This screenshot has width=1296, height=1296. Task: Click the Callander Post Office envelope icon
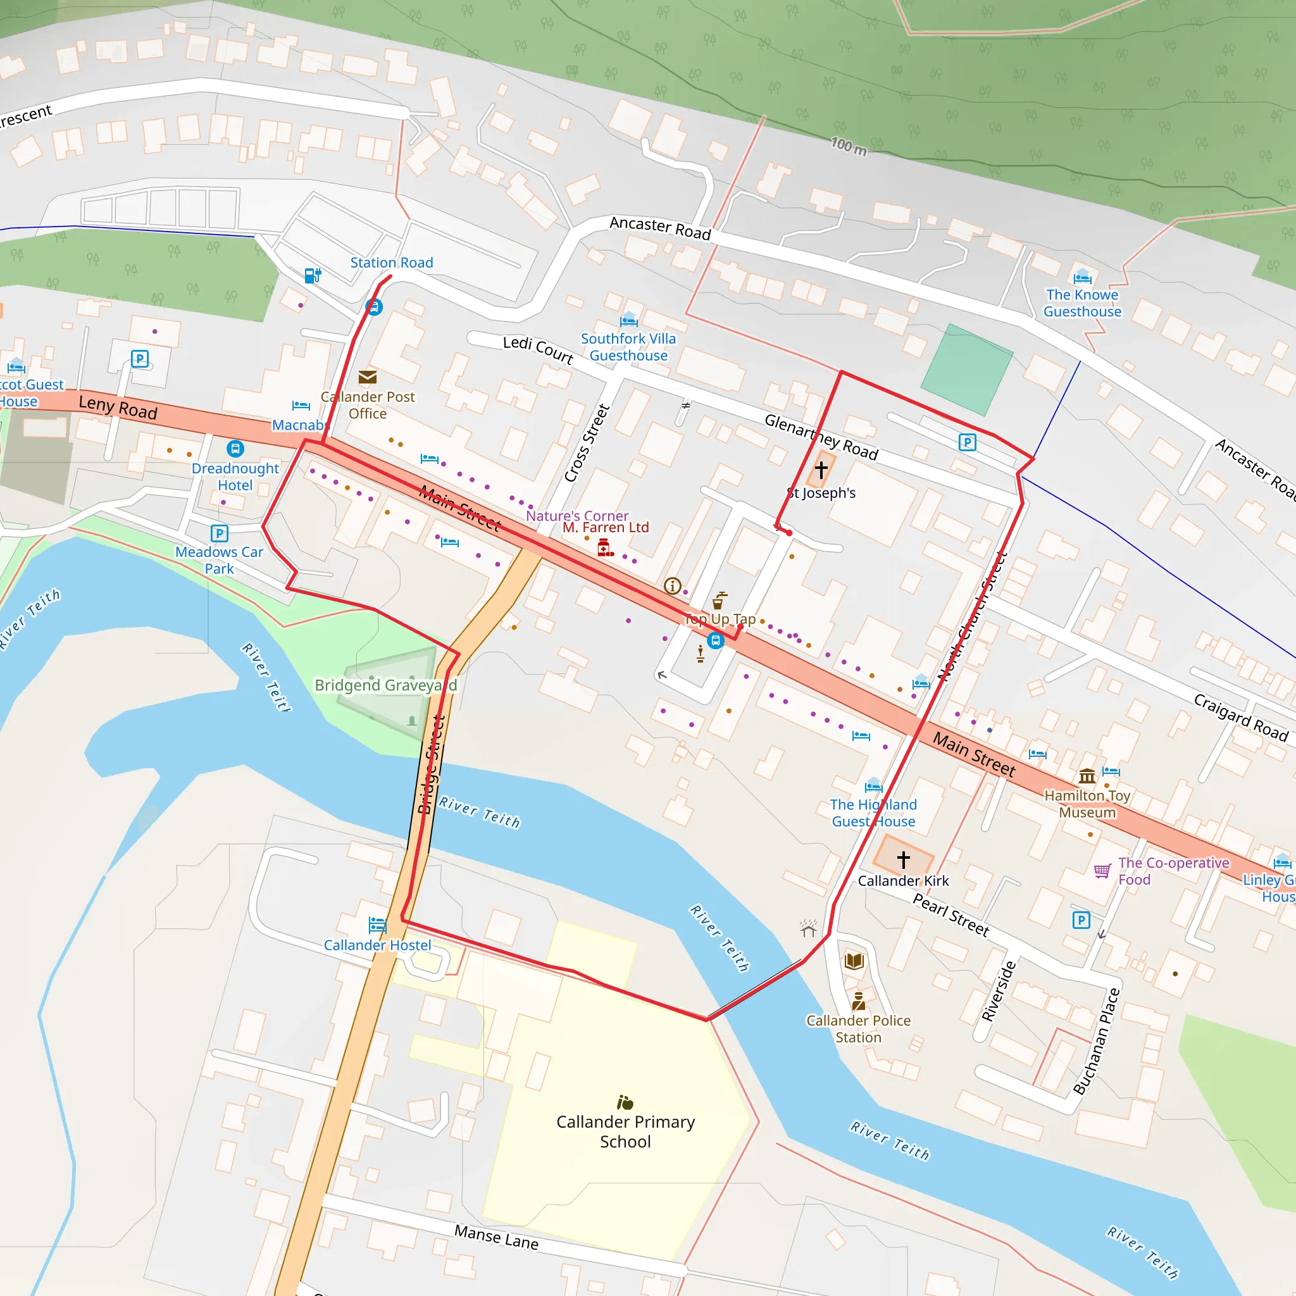[367, 377]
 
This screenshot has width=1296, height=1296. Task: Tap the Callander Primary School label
[625, 1131]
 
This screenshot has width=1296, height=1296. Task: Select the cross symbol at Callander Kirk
[904, 859]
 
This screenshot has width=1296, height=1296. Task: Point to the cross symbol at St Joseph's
[821, 470]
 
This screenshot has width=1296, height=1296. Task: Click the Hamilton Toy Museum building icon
[1087, 776]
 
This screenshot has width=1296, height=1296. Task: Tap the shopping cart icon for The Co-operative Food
[1102, 871]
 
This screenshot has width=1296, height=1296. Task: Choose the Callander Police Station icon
[858, 1002]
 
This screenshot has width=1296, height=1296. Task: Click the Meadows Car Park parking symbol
[220, 533]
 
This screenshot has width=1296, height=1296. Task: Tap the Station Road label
[392, 262]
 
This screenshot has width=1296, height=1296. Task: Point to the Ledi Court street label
[538, 349]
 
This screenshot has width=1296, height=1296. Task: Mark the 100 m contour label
[849, 146]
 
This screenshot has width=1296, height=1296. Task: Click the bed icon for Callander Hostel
[377, 926]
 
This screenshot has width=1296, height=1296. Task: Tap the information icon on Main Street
[672, 585]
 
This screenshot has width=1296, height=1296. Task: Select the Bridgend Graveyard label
[386, 685]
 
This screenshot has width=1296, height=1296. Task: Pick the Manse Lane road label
[496, 1237]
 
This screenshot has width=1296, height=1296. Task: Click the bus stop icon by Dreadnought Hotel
[235, 448]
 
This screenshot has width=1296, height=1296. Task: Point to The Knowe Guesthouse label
[1082, 303]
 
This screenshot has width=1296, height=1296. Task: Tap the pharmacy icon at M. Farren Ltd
[605, 547]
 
